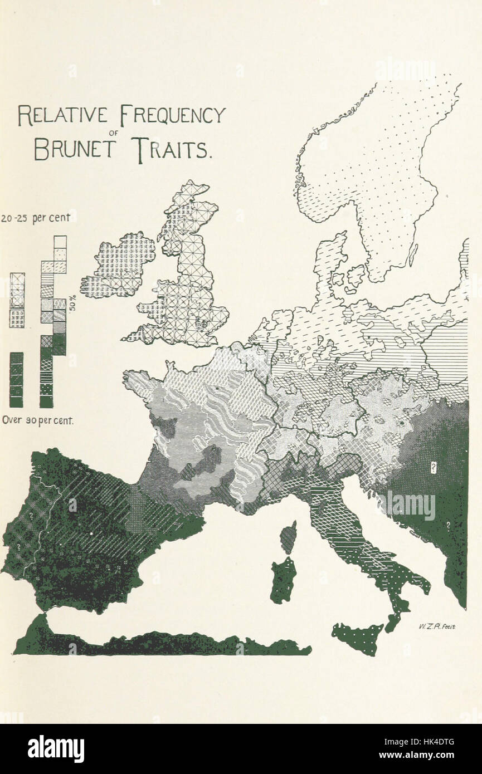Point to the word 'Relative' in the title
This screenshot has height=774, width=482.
(x=63, y=115)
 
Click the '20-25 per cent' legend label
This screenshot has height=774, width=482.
(x=36, y=218)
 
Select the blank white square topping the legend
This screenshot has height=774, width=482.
(x=60, y=242)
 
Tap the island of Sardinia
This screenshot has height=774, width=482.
(x=284, y=580)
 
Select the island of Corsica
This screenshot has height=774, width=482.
(x=288, y=537)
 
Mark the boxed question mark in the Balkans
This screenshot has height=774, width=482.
(x=432, y=465)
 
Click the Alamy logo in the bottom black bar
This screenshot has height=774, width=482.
(x=56, y=749)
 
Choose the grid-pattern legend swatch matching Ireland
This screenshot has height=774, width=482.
(x=17, y=318)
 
